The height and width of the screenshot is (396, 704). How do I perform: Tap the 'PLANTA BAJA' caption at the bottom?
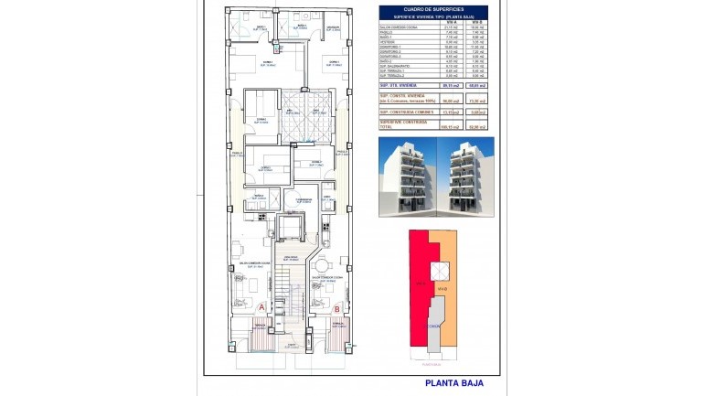point(449,384)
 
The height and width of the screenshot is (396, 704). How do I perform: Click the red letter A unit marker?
point(261,308)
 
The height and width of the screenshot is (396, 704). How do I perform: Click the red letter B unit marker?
point(337,308)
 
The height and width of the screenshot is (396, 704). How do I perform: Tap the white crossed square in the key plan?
point(441,271)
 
